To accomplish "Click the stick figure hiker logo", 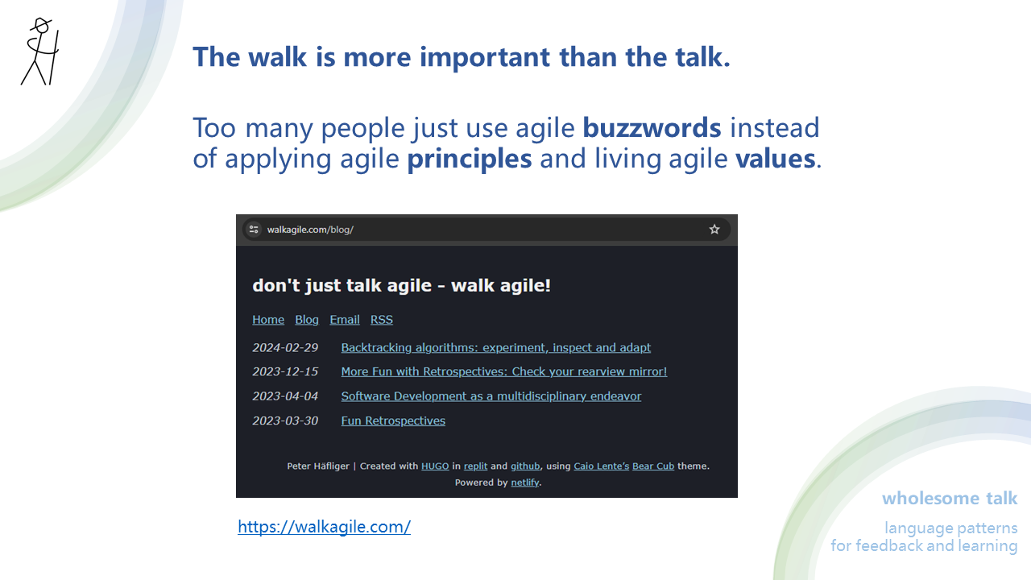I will [39, 52].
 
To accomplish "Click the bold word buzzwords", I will [652, 128].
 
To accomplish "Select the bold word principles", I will [469, 159].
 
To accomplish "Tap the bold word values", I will [775, 159].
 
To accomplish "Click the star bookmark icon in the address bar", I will [714, 230].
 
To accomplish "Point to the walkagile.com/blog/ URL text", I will [310, 230].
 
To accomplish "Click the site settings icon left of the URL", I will [254, 230].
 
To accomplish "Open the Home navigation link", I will [268, 320].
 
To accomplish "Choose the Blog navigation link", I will [307, 320].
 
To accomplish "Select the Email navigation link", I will [345, 320].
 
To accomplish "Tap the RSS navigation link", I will [382, 320].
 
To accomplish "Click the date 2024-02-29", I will [285, 348].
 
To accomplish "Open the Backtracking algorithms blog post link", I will [495, 348].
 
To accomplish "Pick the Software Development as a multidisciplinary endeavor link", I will [491, 396].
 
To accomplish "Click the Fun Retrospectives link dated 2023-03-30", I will [393, 421].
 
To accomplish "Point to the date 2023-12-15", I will [285, 372].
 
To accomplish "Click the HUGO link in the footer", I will [435, 466].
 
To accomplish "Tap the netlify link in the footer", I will [525, 483].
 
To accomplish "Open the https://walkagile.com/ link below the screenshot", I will [324, 527].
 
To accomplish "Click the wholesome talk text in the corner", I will [950, 499].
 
